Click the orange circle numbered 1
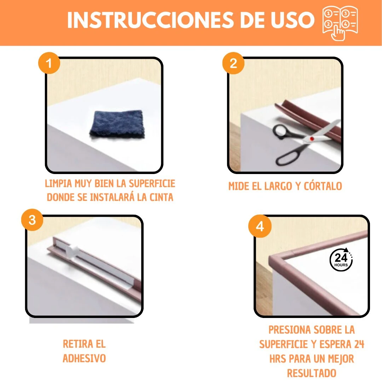click(x=49, y=64)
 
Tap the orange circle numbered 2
click(x=233, y=64)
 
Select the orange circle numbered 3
click(x=32, y=220)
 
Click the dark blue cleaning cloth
click(x=117, y=123)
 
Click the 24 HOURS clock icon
click(x=341, y=259)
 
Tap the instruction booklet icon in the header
click(x=340, y=23)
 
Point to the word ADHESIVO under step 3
click(x=84, y=358)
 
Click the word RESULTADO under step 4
click(x=311, y=373)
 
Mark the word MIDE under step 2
click(x=239, y=186)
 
